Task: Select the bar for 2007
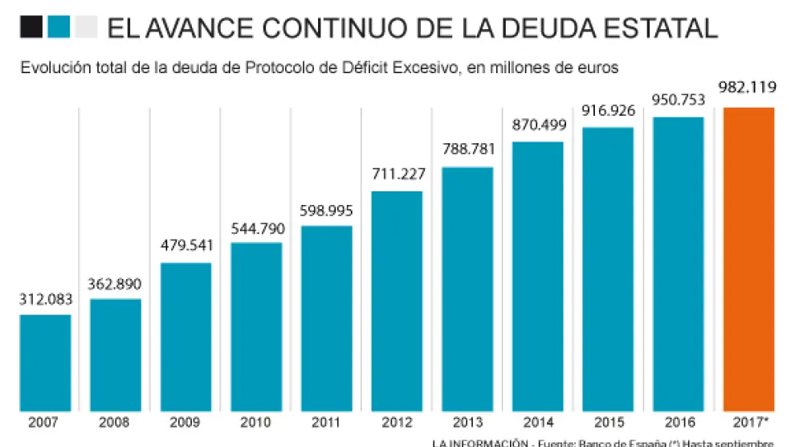(46, 363)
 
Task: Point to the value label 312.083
(46, 299)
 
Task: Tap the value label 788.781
(467, 150)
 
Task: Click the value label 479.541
(186, 247)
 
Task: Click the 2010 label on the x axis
(256, 422)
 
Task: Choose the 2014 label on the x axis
(537, 422)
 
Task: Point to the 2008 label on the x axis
(116, 422)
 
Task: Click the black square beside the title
(31, 27)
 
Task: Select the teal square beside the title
(59, 27)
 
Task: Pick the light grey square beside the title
(85, 27)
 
